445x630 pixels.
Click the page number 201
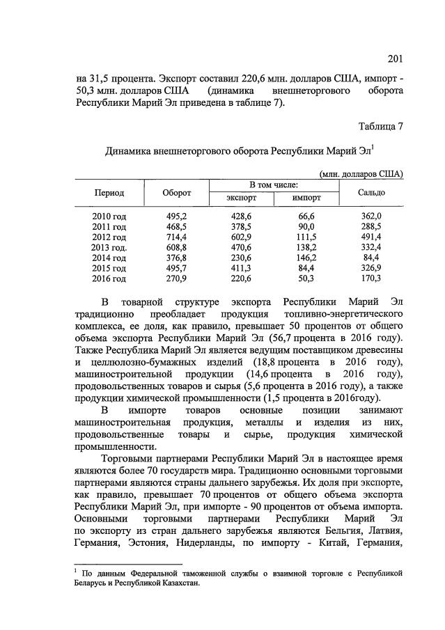[395, 58]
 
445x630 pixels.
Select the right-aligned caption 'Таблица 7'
[381, 126]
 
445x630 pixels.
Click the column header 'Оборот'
[177, 192]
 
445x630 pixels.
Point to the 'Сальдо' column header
[372, 192]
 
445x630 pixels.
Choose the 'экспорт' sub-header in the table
[242, 198]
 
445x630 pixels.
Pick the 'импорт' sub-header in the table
[306, 198]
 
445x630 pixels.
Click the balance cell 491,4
[372, 237]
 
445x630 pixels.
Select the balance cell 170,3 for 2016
[372, 278]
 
